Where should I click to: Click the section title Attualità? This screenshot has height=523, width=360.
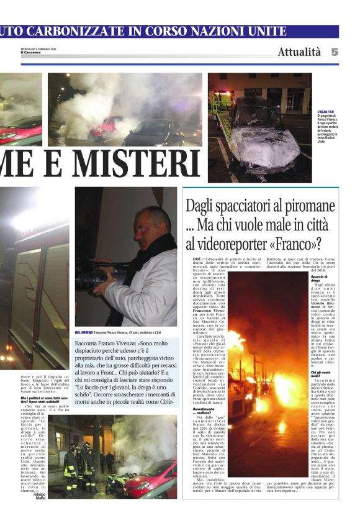(x=299, y=52)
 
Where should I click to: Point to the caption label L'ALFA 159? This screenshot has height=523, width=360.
(x=325, y=112)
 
